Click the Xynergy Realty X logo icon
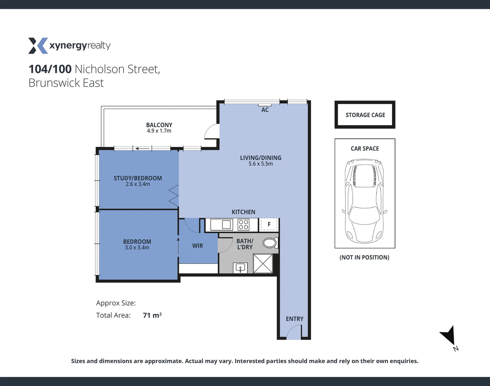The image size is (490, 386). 38,46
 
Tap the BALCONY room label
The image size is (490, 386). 159,125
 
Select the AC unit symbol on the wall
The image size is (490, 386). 265,105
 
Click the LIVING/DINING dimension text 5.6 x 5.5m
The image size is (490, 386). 261,164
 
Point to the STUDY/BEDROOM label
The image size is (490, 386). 137,178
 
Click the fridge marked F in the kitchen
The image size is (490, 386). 269,224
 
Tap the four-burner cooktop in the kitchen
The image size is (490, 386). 244,224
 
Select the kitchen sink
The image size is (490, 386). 222,225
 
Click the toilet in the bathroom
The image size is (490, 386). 270,243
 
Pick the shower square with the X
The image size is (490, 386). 263,264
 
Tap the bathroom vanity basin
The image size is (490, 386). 240,267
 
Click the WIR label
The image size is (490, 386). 197,246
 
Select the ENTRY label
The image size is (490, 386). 295,319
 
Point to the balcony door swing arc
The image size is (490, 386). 211,132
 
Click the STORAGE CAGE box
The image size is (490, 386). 365,115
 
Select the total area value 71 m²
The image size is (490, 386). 152,315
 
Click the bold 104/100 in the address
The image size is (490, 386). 50,69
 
